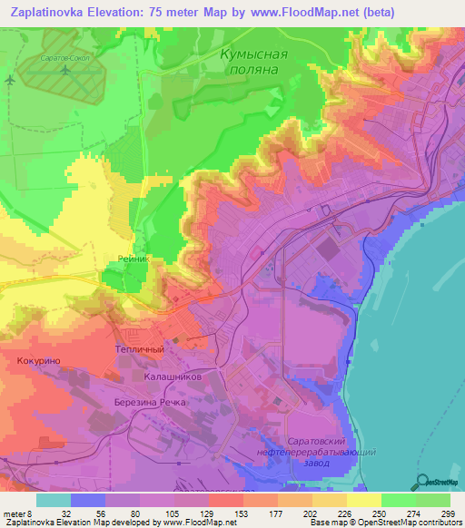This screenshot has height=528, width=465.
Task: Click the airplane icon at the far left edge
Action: [9, 80]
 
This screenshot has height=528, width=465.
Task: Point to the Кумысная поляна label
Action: [253, 62]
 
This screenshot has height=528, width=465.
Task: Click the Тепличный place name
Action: [139, 348]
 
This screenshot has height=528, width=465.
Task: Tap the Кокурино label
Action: [39, 360]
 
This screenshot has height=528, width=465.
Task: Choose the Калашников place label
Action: [178, 374]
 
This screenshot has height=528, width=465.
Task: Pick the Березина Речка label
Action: [150, 401]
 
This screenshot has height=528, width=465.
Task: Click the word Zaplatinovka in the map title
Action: [54, 12]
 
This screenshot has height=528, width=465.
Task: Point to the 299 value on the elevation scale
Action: [447, 513]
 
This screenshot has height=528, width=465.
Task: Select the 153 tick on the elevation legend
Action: [225, 513]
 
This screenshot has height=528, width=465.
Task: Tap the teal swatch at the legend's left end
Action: [54, 500]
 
